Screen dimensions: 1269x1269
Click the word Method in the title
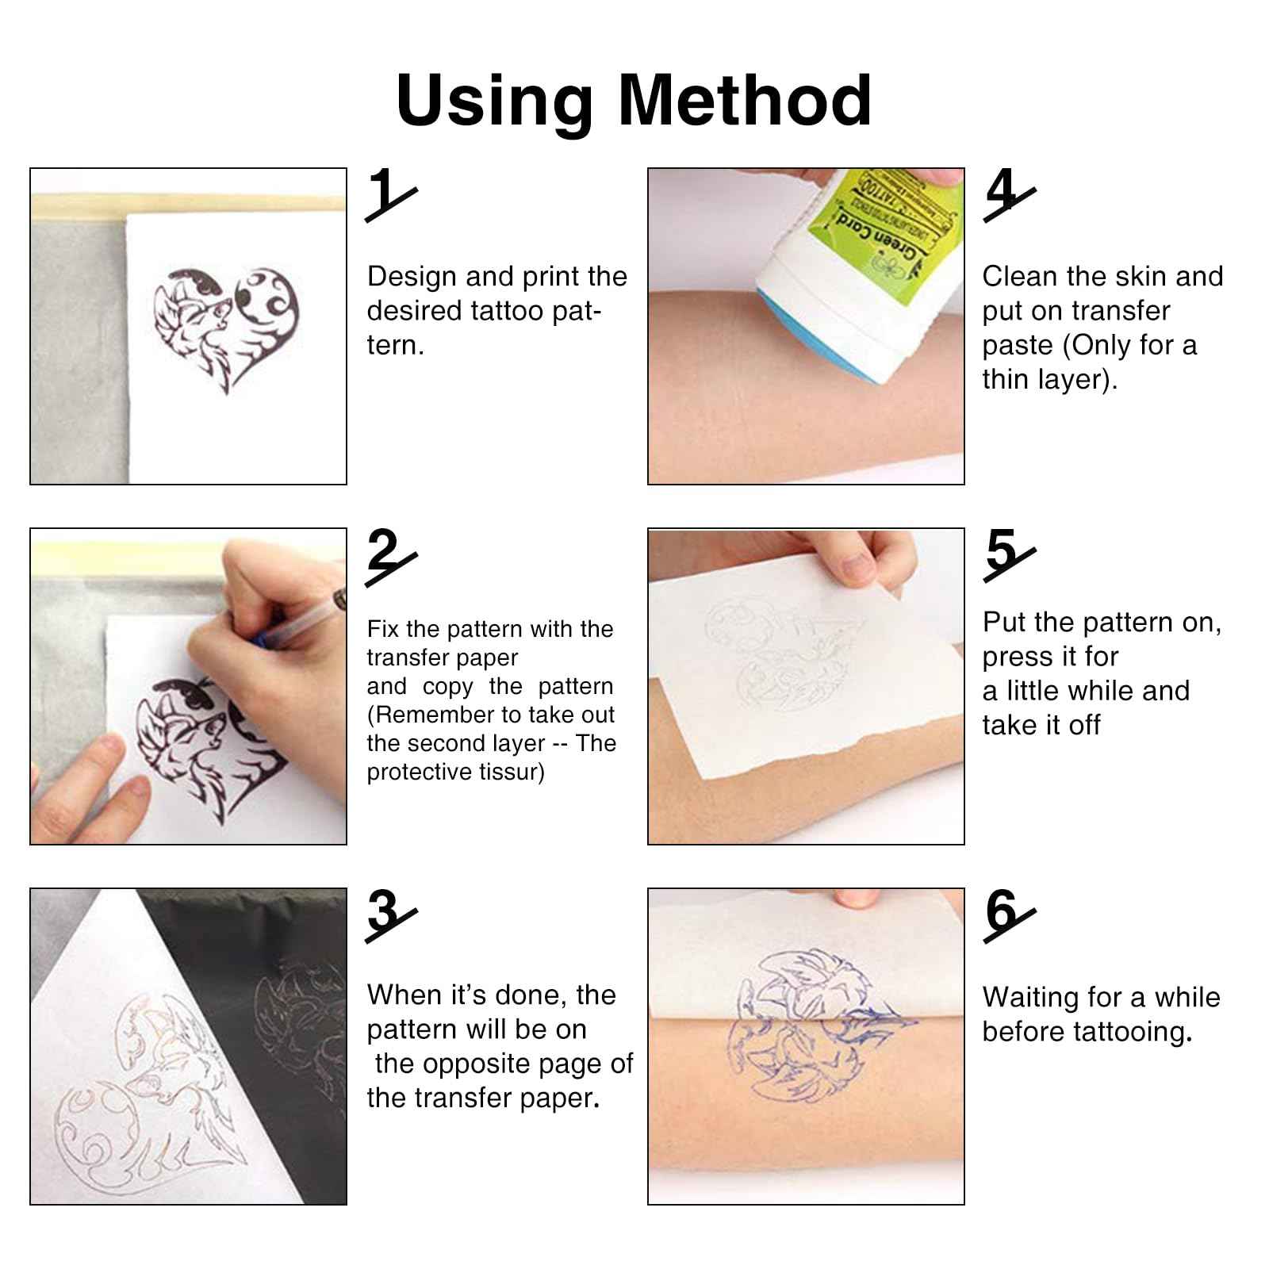tap(744, 101)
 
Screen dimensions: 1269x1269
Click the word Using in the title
tap(494, 101)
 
